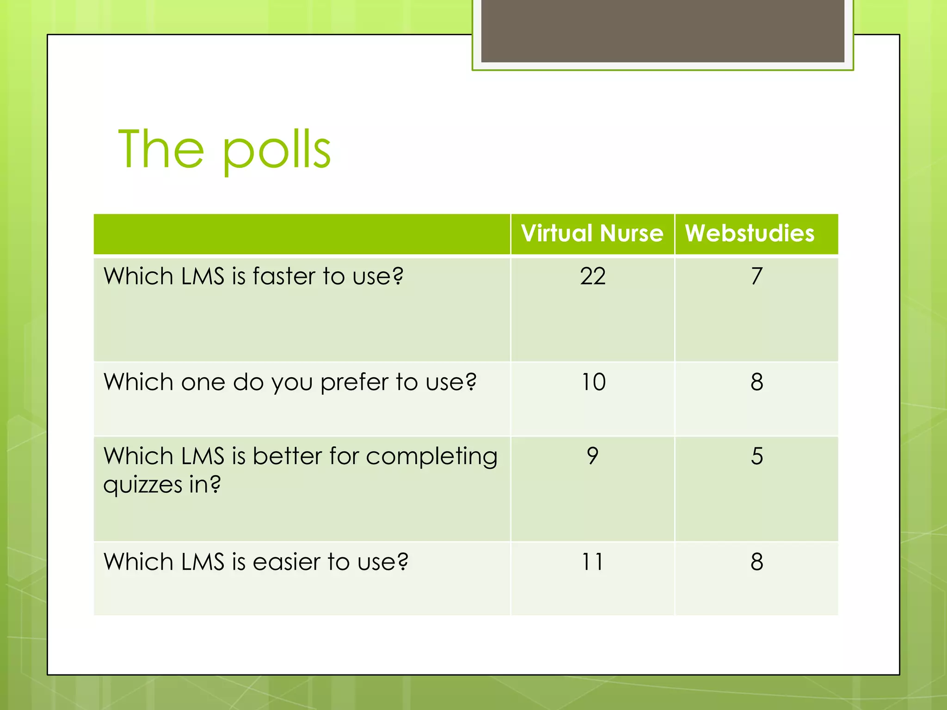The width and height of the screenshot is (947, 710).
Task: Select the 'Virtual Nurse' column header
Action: (592, 233)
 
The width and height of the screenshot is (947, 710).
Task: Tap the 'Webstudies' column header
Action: (750, 233)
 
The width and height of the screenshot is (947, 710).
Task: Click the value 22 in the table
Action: (593, 276)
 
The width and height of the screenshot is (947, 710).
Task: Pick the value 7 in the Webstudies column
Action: (756, 276)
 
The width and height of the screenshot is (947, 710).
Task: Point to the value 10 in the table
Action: (593, 382)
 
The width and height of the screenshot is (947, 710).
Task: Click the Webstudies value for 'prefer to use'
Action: (756, 382)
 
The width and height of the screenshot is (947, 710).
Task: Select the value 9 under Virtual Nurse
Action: (593, 456)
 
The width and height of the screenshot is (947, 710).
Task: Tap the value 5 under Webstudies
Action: (756, 456)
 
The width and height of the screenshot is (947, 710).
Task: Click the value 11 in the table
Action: (593, 562)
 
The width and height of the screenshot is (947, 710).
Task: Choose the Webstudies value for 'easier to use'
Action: (756, 562)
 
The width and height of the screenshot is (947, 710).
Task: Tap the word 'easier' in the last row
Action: (286, 562)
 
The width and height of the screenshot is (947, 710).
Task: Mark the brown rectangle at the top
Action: (662, 31)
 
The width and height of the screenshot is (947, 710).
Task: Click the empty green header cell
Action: (301, 234)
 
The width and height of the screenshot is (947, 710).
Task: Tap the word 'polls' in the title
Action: (277, 151)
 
